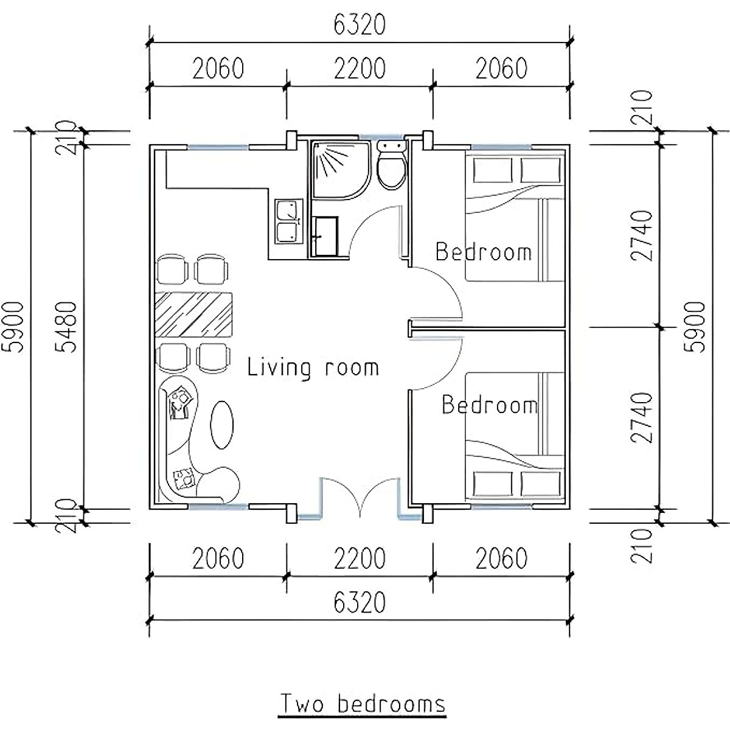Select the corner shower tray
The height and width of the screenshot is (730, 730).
point(341,170)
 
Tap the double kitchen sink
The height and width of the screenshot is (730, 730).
point(289,221)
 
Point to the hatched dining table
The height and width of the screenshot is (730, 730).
point(193,315)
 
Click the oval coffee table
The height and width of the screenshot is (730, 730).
point(222,425)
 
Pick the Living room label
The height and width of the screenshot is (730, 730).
point(313,368)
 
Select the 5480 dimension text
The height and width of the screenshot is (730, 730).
point(66,327)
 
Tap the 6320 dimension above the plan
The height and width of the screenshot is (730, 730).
point(360,24)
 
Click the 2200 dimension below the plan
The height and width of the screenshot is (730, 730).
point(360,558)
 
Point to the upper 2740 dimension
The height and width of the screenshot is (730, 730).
point(642,235)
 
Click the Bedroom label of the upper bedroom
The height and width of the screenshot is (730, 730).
point(484,251)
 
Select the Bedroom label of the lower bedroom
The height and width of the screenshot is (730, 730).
point(490,405)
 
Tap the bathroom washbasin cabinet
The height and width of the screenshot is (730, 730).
point(324,235)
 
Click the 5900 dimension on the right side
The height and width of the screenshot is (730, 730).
point(695,327)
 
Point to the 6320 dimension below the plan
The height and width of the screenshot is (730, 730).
point(360,603)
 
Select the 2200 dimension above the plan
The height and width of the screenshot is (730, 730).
point(360,68)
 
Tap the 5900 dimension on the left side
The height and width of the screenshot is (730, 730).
point(13,327)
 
